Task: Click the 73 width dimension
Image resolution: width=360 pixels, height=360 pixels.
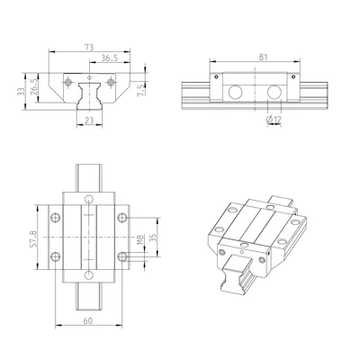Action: tap(89, 47)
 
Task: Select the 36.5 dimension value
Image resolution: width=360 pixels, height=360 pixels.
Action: tap(109, 58)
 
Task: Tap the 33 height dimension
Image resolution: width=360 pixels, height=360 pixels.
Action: tap(21, 91)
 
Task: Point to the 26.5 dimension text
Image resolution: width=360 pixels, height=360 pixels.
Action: tap(34, 87)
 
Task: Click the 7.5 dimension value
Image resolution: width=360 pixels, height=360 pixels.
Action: tap(141, 90)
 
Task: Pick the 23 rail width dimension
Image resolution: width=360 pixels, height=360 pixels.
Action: tap(89, 121)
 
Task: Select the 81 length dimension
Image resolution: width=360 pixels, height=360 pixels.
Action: tap(263, 57)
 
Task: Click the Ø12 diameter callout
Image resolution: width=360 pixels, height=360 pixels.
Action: tap(274, 120)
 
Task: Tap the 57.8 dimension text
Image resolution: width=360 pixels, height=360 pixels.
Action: tap(33, 238)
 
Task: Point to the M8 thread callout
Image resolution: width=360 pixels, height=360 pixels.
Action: tap(139, 239)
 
